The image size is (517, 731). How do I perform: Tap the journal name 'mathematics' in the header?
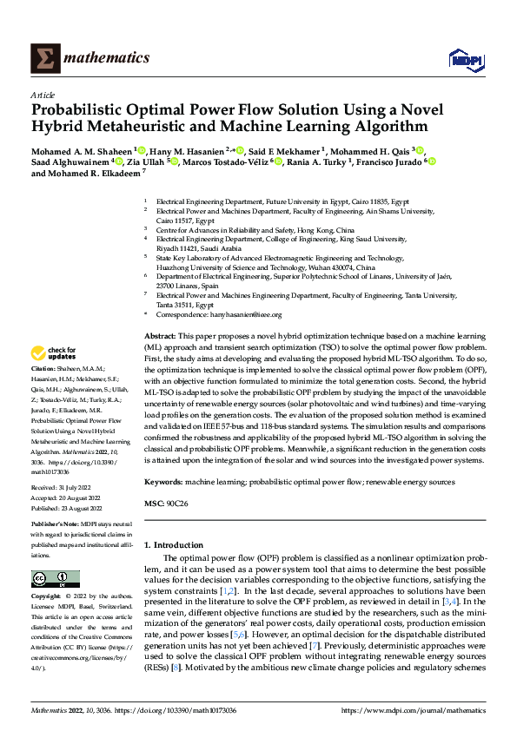pos(109,58)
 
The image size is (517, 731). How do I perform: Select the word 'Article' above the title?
pos(42,95)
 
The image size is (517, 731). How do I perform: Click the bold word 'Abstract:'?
pos(160,334)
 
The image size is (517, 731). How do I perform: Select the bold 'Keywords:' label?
pos(162,480)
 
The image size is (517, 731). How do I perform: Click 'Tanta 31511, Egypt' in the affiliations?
pos(184,305)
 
